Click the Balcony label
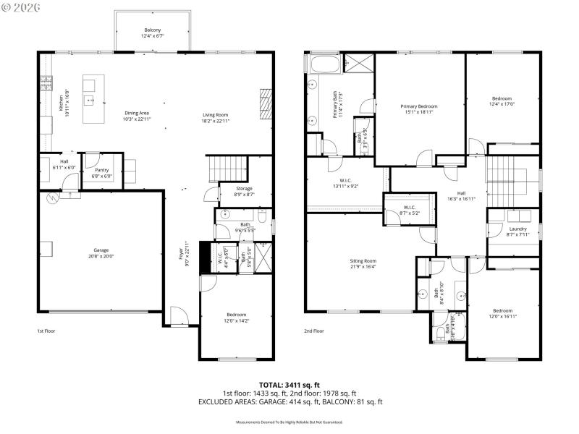click(x=152, y=30)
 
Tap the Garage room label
click(x=101, y=250)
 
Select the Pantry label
click(x=101, y=170)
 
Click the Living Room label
click(x=215, y=114)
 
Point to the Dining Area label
click(x=137, y=113)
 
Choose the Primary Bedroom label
click(x=419, y=106)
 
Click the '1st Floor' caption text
click(x=46, y=331)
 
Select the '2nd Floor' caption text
click(x=313, y=331)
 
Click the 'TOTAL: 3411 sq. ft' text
click(x=289, y=385)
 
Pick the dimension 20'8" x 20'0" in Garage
click(x=101, y=255)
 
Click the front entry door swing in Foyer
click(x=179, y=315)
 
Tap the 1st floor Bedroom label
click(x=236, y=315)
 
